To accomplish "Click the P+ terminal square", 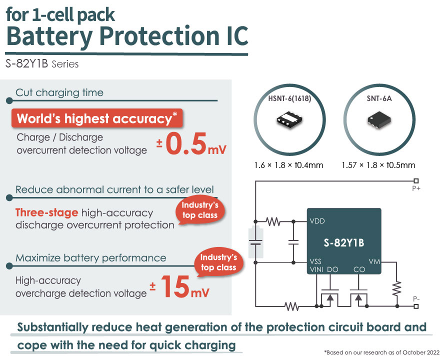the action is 416,181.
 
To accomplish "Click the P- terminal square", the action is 416,306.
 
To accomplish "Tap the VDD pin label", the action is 317,221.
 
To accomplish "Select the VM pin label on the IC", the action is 374,261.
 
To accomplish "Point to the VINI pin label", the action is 316,269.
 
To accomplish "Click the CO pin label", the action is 359,269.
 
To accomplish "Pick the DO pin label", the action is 332,269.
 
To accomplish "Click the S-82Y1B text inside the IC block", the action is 344,242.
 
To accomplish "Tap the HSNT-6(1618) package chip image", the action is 289,120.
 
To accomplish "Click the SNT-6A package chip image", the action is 379,120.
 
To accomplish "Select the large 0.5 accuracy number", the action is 186,144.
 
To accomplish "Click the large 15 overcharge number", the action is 175,286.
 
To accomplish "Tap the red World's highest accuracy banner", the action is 97,118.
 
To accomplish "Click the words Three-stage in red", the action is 46,212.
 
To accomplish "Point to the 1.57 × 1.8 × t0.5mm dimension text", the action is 378,165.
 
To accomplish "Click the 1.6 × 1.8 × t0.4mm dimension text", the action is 288,165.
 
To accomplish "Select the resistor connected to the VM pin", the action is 397,288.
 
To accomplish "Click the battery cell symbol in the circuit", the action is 255,242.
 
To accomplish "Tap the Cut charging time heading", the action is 59,92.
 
